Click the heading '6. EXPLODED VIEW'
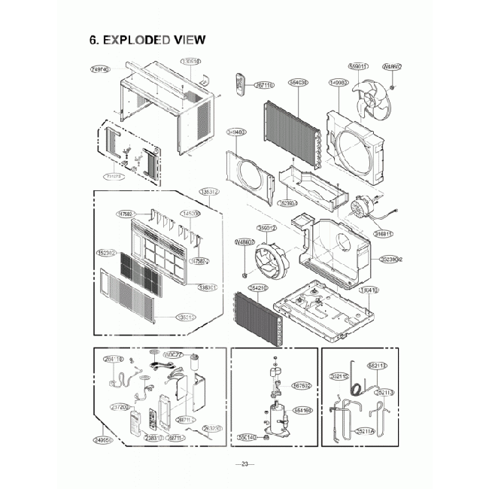click(x=147, y=40)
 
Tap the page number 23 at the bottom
click(x=244, y=463)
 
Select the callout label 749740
click(x=100, y=68)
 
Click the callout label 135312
click(x=210, y=192)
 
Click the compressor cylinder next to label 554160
click(x=276, y=416)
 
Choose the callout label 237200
click(x=119, y=407)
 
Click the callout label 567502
click(x=301, y=384)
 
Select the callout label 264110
click(x=114, y=360)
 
